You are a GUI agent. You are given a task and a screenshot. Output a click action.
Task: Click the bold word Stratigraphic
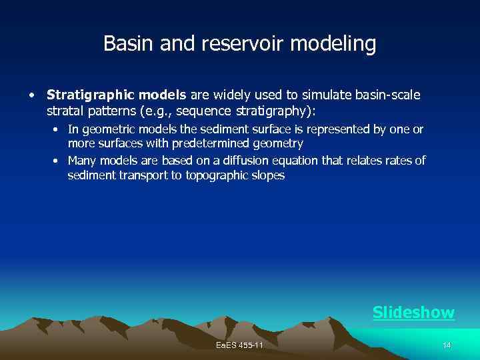tap(91, 95)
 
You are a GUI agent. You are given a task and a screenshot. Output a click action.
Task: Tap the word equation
tap(296, 161)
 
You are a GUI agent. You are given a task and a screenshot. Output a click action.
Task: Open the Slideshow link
tap(413, 312)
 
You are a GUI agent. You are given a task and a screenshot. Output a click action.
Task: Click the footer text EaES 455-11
tap(240, 345)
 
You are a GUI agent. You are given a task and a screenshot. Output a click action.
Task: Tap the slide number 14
tap(447, 345)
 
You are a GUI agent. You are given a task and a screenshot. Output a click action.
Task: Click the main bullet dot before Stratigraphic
tap(31, 95)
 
